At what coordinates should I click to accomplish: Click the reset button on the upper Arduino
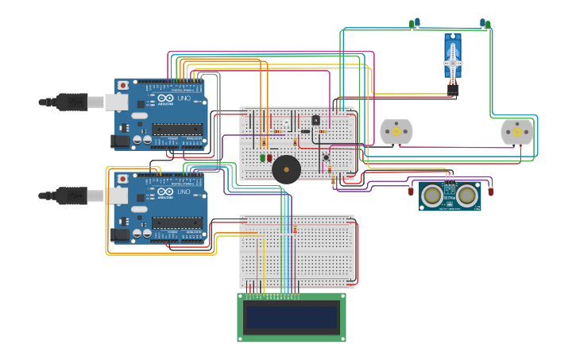click(x=122, y=85)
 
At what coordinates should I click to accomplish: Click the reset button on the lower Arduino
click(x=122, y=179)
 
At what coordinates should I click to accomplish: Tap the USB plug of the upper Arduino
click(x=72, y=102)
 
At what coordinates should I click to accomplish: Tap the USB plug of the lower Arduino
click(x=72, y=195)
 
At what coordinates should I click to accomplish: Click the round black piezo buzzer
click(x=286, y=169)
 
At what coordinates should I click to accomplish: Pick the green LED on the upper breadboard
click(x=263, y=157)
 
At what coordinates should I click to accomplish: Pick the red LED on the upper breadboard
click(x=270, y=157)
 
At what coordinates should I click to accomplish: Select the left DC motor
click(x=396, y=132)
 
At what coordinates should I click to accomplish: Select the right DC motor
click(x=517, y=132)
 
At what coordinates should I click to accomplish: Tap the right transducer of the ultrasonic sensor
click(x=467, y=195)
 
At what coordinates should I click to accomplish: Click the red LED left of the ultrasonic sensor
click(x=411, y=190)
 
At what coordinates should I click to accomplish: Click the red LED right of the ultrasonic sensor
click(x=490, y=190)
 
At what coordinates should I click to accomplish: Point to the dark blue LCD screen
click(x=292, y=317)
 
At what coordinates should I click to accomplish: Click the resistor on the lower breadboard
click(x=295, y=230)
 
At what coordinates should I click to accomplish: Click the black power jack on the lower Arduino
click(x=120, y=234)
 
